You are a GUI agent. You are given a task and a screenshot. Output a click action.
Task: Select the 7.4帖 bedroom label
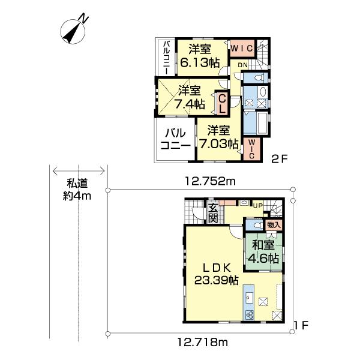pos(188,97)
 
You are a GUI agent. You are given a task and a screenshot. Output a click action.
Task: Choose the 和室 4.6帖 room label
pos(264,252)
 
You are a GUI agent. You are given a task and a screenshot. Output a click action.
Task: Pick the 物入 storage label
pos(273,224)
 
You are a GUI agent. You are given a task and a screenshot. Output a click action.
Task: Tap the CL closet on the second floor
pos(221,101)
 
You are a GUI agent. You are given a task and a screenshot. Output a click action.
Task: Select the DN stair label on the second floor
pos(242,64)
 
